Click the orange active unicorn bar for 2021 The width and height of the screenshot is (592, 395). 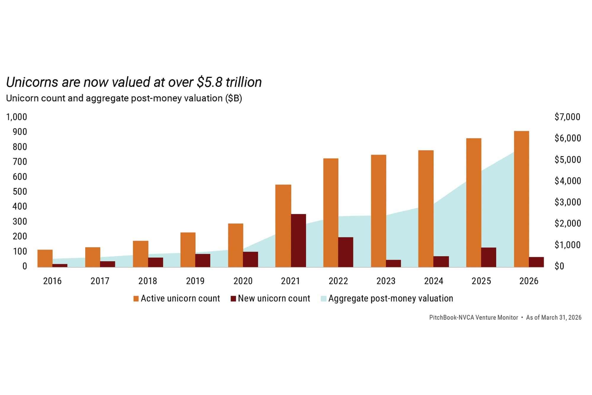283,226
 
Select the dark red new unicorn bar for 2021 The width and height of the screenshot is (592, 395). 298,241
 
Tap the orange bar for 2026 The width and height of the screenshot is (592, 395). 521,199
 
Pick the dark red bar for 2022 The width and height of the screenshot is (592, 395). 345,252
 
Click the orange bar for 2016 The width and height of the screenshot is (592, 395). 45,258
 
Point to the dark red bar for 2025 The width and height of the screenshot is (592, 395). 488,257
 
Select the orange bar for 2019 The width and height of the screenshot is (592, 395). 188,250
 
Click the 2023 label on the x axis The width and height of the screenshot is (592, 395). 386,281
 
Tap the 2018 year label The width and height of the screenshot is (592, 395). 147,281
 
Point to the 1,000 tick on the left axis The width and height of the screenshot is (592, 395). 17,117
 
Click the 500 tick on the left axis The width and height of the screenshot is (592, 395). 20,192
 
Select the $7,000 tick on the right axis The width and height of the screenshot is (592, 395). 567,117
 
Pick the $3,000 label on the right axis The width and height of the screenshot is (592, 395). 567,202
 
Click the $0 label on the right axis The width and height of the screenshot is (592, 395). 559,266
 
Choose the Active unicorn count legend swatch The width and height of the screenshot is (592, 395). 136,299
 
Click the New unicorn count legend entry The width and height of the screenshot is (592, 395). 274,298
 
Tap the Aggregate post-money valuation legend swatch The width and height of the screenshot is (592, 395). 323,299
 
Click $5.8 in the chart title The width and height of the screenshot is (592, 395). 209,82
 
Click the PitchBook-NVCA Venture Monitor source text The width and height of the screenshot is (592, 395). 473,318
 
